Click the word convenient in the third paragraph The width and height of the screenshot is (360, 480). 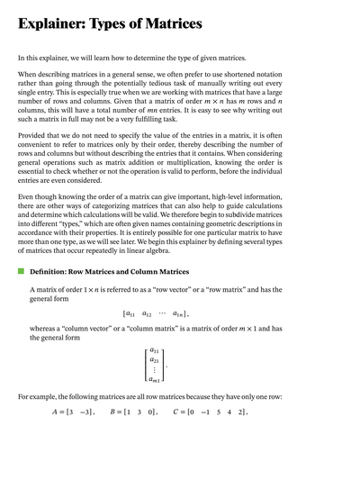pos(37,157)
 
